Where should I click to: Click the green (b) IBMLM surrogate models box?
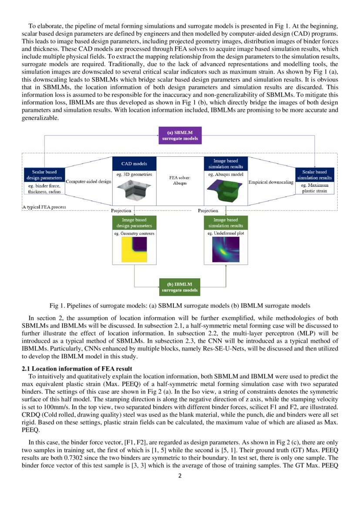(180, 287)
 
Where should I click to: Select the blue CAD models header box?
(134, 164)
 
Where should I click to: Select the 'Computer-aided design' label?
(88, 181)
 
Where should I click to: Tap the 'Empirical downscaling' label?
(270, 182)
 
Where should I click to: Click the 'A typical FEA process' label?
(44, 207)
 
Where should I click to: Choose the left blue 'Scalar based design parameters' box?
(44, 175)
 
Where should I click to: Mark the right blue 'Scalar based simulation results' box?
(315, 175)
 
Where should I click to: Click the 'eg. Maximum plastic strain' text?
(315, 188)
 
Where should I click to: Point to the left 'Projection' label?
(121, 210)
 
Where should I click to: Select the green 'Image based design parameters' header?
(134, 223)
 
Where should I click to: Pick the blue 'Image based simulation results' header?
(225, 164)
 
